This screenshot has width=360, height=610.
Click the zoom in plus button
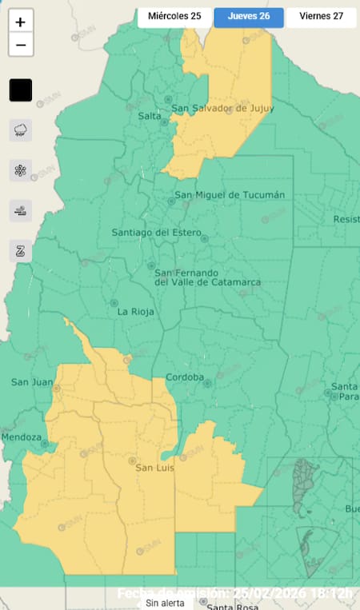pyautogui.click(x=21, y=22)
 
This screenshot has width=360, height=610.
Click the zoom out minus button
pyautogui.click(x=21, y=46)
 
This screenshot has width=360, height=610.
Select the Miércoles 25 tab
pyautogui.click(x=174, y=16)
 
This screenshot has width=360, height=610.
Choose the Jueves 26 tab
pyautogui.click(x=248, y=16)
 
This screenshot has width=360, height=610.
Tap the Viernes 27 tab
pyautogui.click(x=321, y=16)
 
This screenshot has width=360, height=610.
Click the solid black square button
pyautogui.click(x=21, y=90)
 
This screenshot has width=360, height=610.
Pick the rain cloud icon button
pyautogui.click(x=21, y=130)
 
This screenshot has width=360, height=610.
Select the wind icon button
pyautogui.click(x=21, y=210)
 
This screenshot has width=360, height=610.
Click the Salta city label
pyautogui.click(x=150, y=117)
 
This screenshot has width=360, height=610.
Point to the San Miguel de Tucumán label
pyautogui.click(x=230, y=195)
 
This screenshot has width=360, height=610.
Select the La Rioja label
pyautogui.click(x=136, y=312)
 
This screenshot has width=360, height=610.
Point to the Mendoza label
pyautogui.click(x=21, y=437)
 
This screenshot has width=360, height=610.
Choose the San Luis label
pyautogui.click(x=155, y=468)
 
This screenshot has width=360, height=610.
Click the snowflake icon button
pyautogui.click(x=21, y=169)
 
